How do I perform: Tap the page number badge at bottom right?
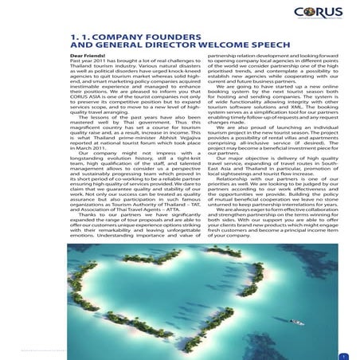[x=342, y=356]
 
